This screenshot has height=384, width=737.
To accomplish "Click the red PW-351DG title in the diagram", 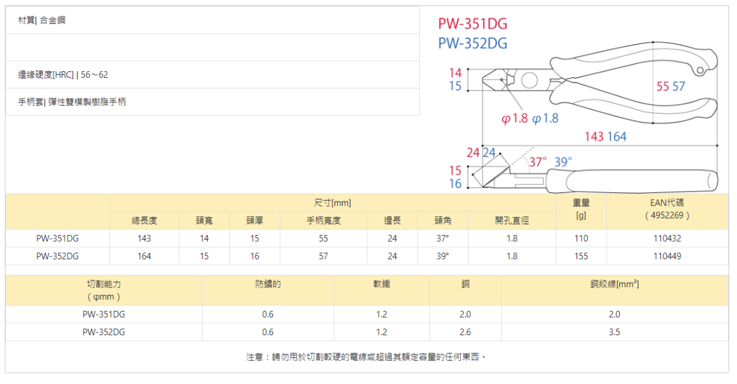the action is pos(472,24).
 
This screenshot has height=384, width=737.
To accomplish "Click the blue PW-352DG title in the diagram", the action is pos(472,43).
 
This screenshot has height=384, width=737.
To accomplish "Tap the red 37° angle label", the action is pos(538,162).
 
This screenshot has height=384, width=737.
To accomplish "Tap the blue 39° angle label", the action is pos(563,162).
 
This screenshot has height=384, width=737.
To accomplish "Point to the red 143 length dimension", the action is pos(594,137).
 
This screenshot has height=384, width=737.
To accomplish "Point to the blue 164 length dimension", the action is pos(616,137).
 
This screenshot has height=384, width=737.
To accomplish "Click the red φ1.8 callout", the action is pos(514,119).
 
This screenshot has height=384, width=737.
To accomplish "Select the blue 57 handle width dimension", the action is pos(678,87).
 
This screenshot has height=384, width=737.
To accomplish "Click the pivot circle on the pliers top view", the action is pos(529,80).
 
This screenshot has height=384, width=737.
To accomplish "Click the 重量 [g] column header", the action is pos(581,209).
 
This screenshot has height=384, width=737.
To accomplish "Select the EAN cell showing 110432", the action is pos(667,238).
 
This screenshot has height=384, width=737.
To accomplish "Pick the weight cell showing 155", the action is pos(581,256).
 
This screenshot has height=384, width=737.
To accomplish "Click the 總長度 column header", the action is pos(144,221).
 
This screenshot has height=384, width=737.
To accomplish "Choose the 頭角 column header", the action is pos(443,221).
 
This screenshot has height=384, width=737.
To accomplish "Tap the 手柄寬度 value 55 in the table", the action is pos(323,238).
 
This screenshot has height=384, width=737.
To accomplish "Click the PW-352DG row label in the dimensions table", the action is pos(57,256).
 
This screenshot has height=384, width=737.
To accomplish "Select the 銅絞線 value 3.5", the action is pos(614,332).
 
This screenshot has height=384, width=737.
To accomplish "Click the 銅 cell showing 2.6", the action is pos(465,332).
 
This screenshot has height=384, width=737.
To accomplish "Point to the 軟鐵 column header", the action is pos(381,284).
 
